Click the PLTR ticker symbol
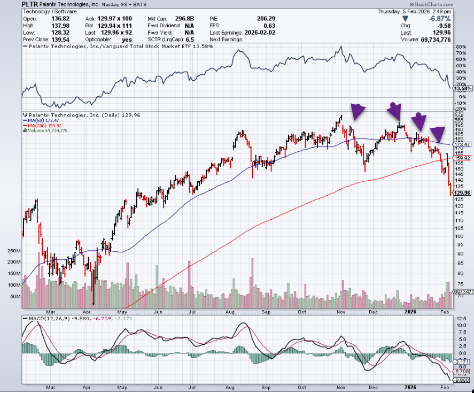tap(30, 4)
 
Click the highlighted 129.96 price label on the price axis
tap(462, 192)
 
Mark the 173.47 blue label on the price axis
tap(462, 144)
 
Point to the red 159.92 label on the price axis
tap(462, 158)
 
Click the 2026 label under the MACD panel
tap(410, 386)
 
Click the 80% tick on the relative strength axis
tap(459, 47)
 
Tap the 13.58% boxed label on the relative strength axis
tap(462, 88)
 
